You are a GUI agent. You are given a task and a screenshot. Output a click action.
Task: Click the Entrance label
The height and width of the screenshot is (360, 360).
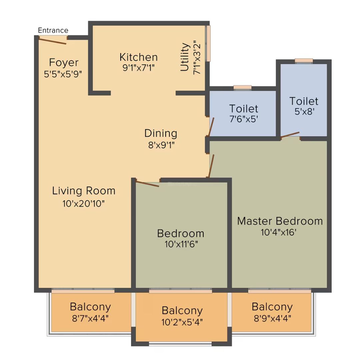pos(53,30)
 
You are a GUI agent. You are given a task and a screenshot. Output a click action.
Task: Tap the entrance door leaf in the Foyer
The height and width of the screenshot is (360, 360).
pos(53,41)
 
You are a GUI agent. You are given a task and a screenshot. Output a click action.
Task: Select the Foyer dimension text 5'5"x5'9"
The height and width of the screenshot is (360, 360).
pos(63,74)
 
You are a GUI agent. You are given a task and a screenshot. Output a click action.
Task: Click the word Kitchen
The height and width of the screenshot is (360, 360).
pos(138,57)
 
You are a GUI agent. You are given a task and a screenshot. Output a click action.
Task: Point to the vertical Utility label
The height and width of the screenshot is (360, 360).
pos(185,57)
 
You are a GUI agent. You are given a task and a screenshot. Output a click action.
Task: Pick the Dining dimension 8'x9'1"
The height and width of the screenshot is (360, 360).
pos(161,145)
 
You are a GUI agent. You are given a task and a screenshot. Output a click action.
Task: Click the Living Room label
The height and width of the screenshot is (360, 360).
pos(84,191)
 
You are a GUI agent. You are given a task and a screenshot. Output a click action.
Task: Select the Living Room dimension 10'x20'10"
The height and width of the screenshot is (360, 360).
pos(83,203)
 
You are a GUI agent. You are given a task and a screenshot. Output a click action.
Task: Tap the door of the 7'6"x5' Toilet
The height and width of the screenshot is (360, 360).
pos(211,127)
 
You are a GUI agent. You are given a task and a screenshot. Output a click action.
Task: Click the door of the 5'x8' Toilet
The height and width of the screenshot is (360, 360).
pos(290,135)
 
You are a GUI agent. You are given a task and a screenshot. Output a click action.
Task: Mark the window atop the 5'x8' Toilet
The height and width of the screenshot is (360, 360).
pos(304,61)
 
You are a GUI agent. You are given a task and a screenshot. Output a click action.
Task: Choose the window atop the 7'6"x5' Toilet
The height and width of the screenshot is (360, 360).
pos(242,88)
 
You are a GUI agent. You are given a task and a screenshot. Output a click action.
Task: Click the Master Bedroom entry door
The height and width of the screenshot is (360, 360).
pos(211,166)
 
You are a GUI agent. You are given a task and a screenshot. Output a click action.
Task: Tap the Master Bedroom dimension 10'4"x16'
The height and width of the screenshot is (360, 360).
pos(278,232)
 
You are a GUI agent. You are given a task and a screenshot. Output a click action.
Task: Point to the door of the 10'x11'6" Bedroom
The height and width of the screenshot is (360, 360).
pos(147,184)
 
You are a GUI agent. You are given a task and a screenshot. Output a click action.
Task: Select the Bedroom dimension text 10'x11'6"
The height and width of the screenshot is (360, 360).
pos(181,244)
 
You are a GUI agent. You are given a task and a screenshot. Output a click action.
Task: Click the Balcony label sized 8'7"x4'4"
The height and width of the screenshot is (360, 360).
pos(90,307)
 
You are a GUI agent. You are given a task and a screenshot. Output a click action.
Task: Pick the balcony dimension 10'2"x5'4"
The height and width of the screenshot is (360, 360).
pos(182,322)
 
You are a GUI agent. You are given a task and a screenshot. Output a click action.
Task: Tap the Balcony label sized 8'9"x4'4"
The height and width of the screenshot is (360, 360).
pos(272,307)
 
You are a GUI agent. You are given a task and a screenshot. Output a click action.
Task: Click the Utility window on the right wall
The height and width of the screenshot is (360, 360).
pos(208,43)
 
